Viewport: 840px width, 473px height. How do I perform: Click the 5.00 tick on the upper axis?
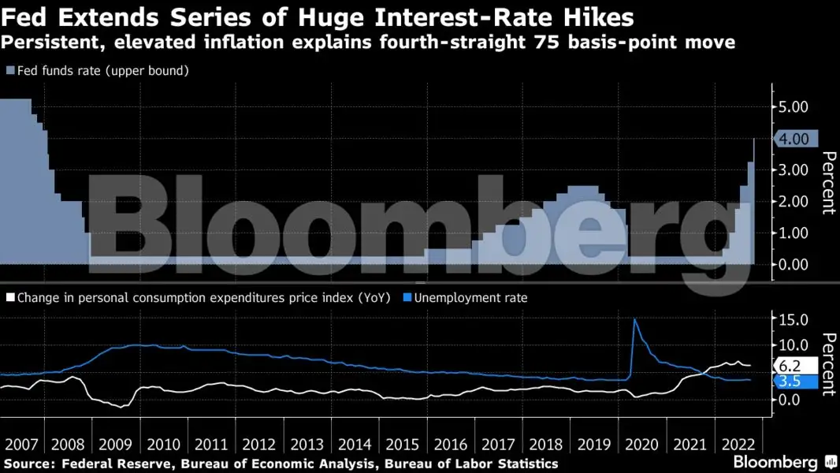pos(793,106)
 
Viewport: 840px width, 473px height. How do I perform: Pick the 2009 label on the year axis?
pos(116,443)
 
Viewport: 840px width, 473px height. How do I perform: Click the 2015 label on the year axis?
pos(403,443)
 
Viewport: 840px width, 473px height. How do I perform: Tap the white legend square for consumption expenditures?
pos(9,298)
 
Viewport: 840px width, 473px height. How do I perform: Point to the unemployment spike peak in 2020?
pos(634,319)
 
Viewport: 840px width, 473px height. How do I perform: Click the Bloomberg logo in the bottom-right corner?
pos(777,462)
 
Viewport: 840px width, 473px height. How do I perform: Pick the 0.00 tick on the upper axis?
pos(793,264)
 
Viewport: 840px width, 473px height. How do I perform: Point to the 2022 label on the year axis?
pos(738,443)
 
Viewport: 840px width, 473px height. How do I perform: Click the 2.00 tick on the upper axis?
pos(793,201)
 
